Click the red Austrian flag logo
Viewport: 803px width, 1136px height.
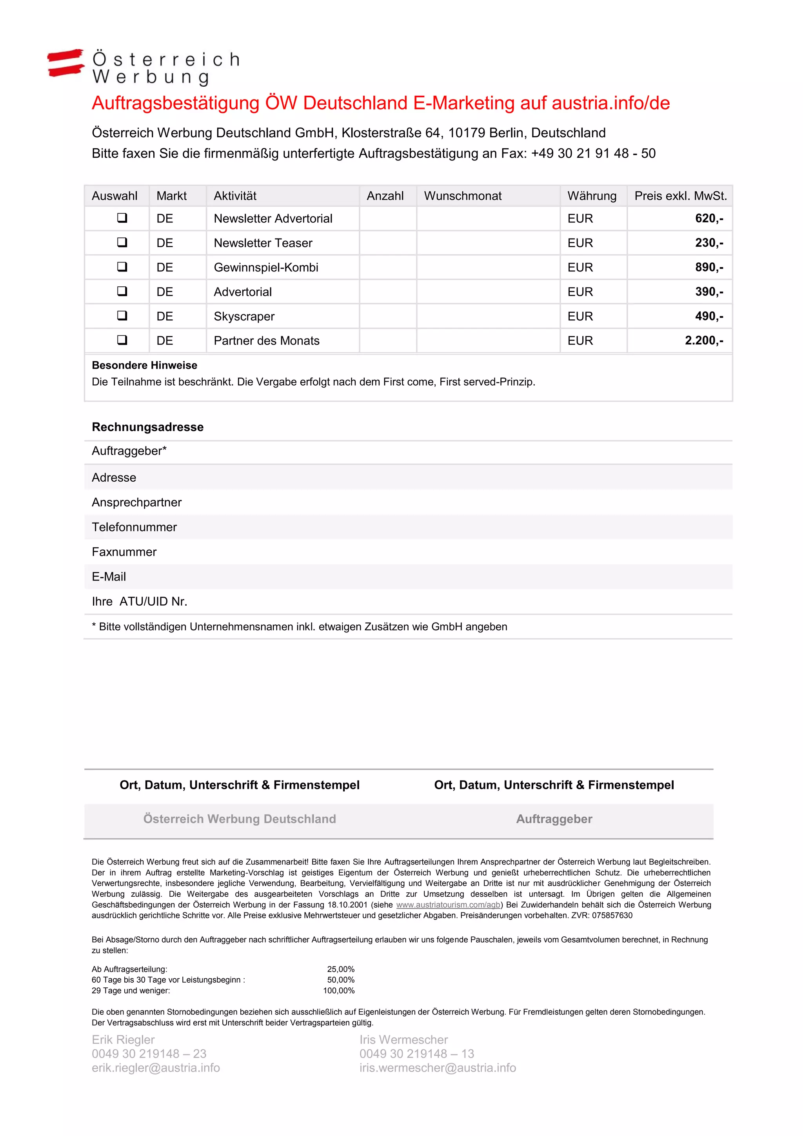pos(66,63)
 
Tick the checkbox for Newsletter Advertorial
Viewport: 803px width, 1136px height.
pos(122,218)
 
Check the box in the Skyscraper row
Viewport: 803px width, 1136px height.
pos(122,316)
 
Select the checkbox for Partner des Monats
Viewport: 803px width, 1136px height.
pos(122,340)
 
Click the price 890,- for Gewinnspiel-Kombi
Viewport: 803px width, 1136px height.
pos(709,267)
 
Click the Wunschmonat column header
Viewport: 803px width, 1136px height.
pos(462,196)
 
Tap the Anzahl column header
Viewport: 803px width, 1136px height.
pos(385,196)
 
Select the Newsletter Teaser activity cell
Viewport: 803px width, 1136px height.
pos(263,243)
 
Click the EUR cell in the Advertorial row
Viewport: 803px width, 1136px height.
pos(580,292)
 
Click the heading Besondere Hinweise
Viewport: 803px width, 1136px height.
pos(144,365)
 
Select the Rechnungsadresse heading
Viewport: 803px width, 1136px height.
pos(147,427)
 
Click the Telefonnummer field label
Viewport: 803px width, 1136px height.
pos(134,527)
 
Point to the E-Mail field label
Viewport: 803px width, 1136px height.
pos(109,576)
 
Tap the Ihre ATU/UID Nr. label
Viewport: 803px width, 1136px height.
pos(140,601)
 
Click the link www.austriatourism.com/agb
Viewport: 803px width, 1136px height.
pos(448,905)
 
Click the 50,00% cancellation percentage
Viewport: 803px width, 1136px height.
pos(341,979)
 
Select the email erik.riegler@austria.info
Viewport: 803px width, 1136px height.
pos(156,1068)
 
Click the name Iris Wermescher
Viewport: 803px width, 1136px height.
pos(403,1040)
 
